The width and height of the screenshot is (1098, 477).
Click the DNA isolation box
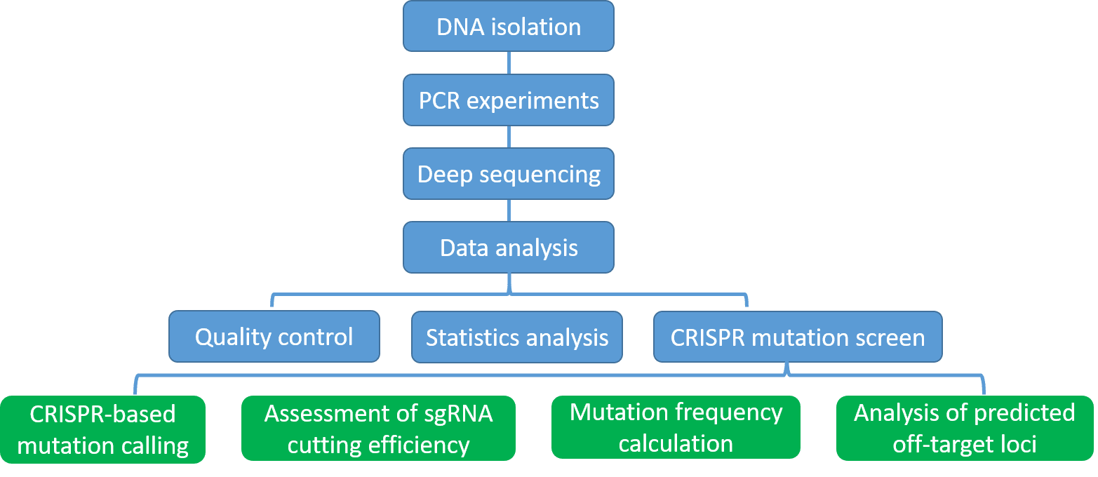click(508, 27)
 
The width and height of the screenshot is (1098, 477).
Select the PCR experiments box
click(508, 100)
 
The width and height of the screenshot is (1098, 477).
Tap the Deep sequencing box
click(508, 174)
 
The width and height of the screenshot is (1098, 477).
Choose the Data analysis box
click(508, 248)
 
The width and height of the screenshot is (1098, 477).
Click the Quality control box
click(274, 337)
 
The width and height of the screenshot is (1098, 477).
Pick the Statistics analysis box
click(516, 337)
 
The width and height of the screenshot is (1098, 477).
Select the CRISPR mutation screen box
click(798, 337)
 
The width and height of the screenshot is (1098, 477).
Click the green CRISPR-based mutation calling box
click(102, 429)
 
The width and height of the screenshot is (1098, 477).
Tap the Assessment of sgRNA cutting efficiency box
click(378, 429)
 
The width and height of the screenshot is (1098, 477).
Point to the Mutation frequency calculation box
click(676, 427)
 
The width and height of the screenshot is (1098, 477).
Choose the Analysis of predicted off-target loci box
click(964, 429)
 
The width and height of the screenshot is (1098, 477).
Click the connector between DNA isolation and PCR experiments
click(509, 63)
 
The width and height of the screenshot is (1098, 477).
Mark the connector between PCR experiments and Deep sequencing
click(509, 137)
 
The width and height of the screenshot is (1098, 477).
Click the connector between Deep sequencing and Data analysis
click(509, 210)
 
